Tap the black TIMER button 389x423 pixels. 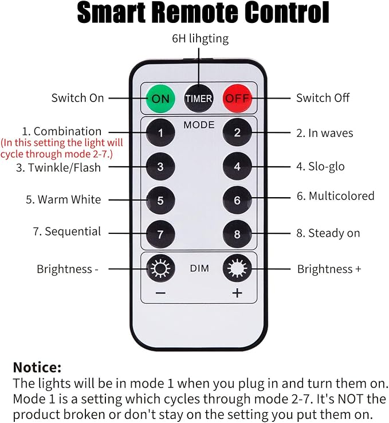[199, 98]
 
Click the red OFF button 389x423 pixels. [237, 98]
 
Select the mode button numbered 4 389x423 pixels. [237, 166]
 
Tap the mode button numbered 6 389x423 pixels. [237, 200]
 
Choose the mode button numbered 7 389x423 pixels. [160, 234]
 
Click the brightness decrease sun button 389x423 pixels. [160, 268]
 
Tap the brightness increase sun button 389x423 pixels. [237, 268]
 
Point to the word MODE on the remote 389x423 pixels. [199, 125]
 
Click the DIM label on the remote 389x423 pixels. [199, 268]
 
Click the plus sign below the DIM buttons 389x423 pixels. [237, 293]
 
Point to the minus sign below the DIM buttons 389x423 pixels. [160, 293]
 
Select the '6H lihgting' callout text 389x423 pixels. [201, 38]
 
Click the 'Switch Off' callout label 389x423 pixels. [323, 98]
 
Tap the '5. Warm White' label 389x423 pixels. [64, 199]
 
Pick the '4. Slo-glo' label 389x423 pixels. [320, 166]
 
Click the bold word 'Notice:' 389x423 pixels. [37, 367]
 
